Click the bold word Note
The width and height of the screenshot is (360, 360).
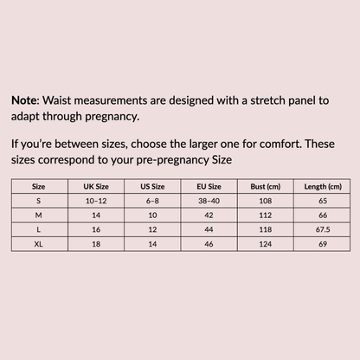click(25, 100)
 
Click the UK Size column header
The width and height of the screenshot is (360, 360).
click(95, 186)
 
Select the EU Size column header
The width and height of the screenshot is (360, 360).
click(209, 186)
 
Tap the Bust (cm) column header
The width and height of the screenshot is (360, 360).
click(266, 186)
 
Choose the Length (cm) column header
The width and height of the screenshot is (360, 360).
click(321, 186)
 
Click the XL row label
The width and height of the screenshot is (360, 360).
click(38, 245)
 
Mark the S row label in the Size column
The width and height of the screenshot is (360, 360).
click(38, 200)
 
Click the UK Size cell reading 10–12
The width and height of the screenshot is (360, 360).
click(95, 200)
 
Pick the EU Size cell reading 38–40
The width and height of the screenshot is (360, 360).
click(209, 200)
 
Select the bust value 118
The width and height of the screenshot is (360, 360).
click(266, 230)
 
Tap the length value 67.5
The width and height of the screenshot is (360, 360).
click(321, 230)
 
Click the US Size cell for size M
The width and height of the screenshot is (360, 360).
click(152, 215)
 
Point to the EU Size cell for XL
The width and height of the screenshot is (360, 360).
click(209, 245)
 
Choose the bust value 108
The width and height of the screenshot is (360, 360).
click(266, 200)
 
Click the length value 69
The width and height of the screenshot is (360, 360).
click(321, 245)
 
